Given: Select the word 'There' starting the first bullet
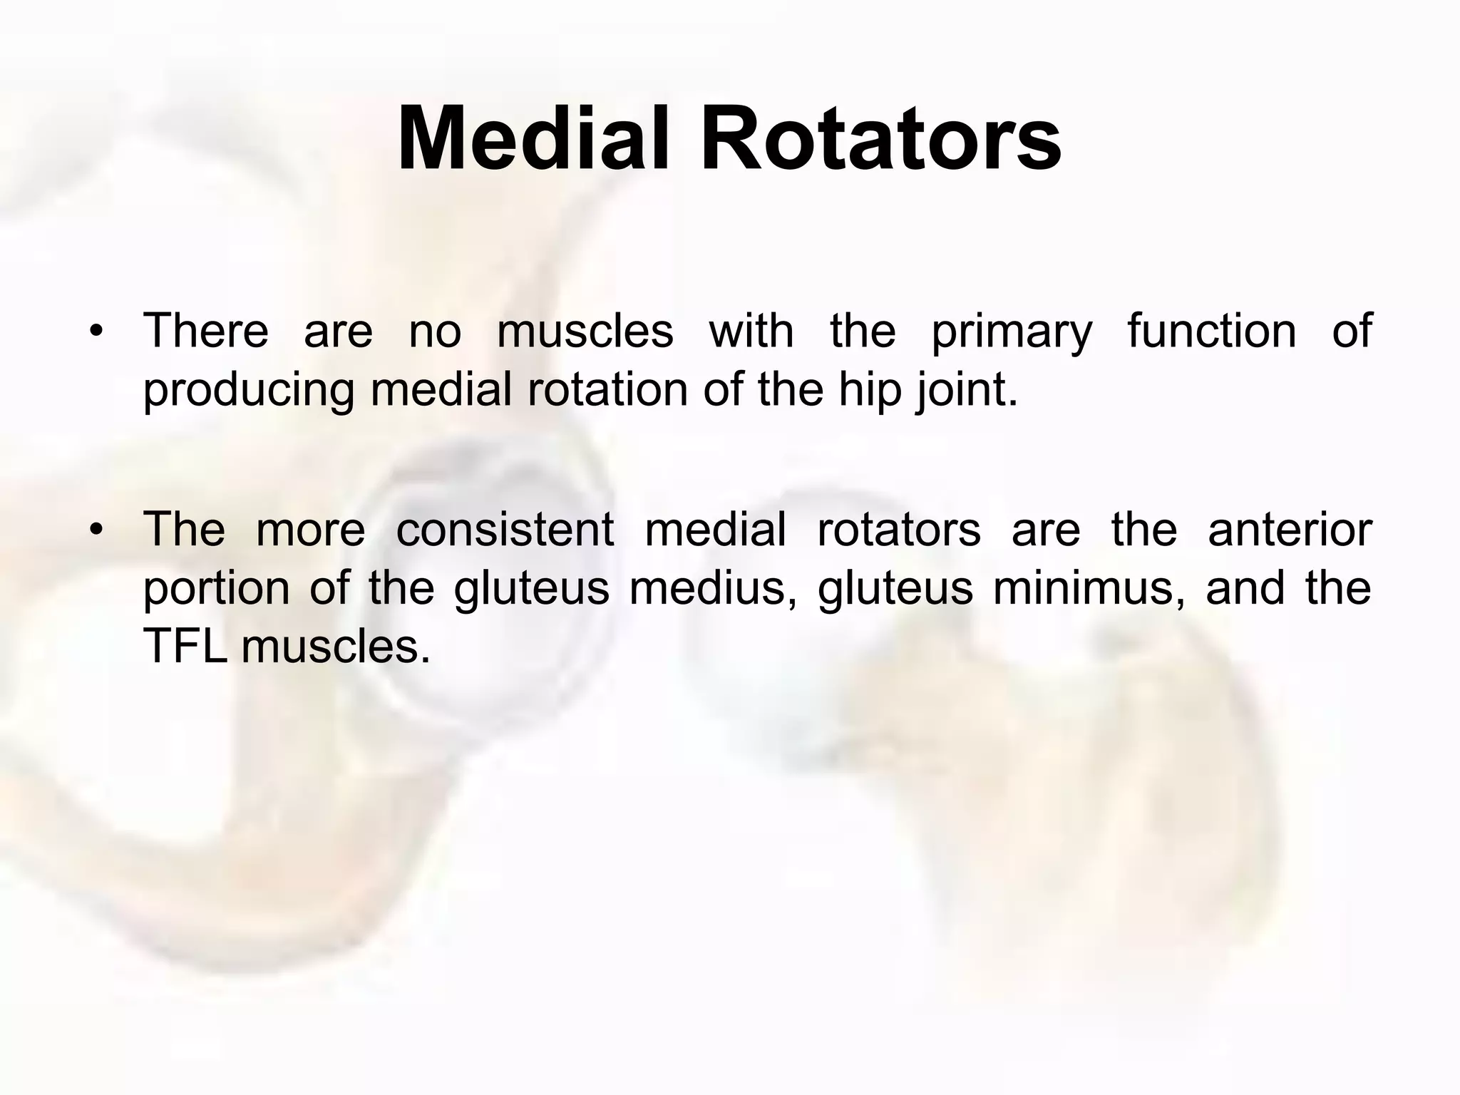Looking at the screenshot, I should click(206, 331).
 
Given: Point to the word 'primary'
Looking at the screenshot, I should click(1012, 333).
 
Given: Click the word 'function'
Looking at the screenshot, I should click(1212, 331).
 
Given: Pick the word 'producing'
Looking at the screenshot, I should click(249, 391).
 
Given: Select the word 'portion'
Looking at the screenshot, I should click(216, 590).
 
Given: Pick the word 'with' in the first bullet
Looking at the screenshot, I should click(751, 331).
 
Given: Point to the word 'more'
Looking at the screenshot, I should click(310, 531).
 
